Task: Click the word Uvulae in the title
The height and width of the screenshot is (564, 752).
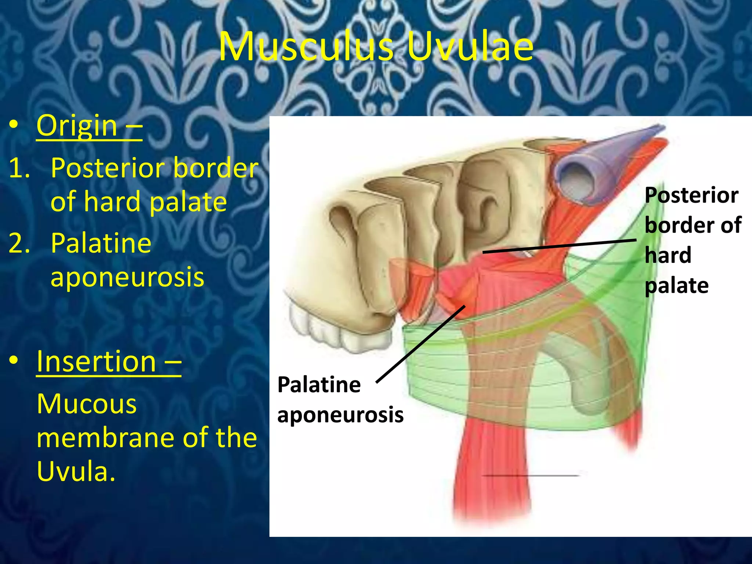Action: pyautogui.click(x=470, y=47)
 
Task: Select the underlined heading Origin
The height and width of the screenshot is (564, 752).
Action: pyautogui.click(x=77, y=126)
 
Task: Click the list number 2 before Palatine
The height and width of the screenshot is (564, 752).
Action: pyautogui.click(x=19, y=243)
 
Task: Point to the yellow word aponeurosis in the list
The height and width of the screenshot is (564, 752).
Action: pyautogui.click(x=127, y=277)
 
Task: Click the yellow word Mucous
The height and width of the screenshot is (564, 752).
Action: pyautogui.click(x=87, y=404)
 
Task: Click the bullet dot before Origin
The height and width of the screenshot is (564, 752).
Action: pyautogui.click(x=14, y=125)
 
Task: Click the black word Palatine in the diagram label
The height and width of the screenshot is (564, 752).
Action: pyautogui.click(x=319, y=385)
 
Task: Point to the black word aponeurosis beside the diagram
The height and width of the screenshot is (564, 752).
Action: pyautogui.click(x=340, y=415)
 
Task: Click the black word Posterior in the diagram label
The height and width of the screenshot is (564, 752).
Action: pyautogui.click(x=691, y=195)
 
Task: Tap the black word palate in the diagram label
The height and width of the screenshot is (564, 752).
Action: pyautogui.click(x=676, y=286)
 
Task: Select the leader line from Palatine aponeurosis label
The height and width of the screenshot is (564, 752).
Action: pyautogui.click(x=420, y=344)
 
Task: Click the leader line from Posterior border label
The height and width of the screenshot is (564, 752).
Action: pyautogui.click(x=559, y=246)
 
